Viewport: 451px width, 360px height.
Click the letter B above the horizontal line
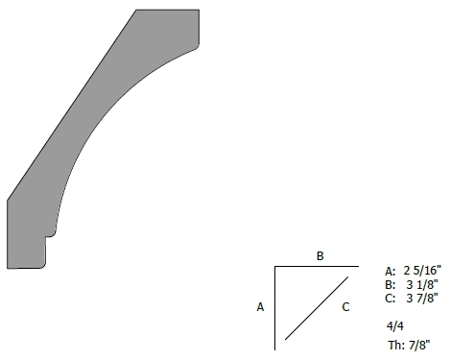[320, 256]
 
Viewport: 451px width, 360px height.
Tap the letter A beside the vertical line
[260, 307]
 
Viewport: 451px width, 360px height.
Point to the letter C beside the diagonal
[345, 307]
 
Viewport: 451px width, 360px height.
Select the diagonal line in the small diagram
[317, 308]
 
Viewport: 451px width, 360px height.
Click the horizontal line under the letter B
[317, 266]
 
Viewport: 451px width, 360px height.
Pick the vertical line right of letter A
[274, 308]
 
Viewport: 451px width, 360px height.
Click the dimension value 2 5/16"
[422, 271]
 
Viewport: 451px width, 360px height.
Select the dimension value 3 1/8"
[422, 284]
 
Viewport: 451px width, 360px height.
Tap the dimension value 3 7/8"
[422, 298]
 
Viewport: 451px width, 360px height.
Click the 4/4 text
[395, 326]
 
